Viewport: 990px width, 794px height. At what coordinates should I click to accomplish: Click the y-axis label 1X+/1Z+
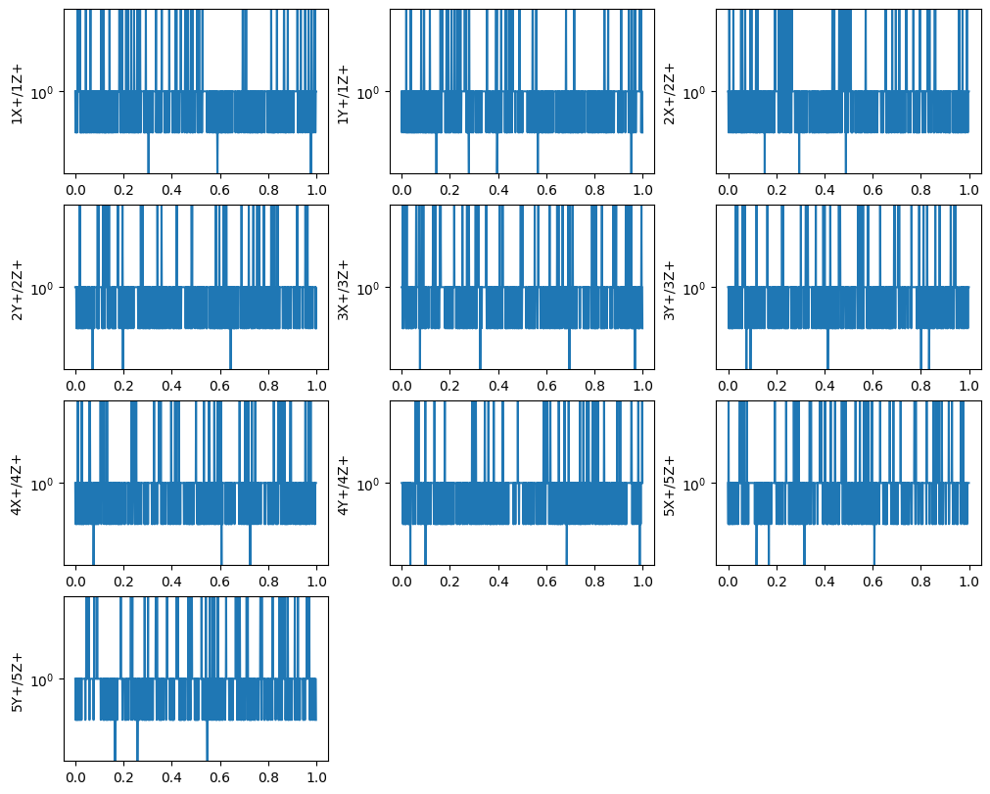click(17, 92)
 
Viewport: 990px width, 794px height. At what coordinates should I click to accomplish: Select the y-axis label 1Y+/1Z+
click(343, 92)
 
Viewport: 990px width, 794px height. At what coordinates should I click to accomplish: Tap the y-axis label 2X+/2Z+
click(669, 92)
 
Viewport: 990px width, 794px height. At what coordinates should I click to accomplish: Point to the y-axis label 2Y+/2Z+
click(17, 288)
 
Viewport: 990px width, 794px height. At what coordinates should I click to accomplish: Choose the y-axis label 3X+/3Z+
click(343, 288)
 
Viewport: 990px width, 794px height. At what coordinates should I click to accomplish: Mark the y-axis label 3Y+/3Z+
click(669, 288)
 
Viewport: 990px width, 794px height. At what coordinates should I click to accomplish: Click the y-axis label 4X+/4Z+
click(17, 484)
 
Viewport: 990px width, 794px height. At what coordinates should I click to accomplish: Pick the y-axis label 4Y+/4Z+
click(343, 484)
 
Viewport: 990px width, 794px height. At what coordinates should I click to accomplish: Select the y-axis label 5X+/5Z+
click(669, 484)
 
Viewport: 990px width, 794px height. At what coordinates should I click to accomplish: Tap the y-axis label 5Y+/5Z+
click(17, 679)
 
